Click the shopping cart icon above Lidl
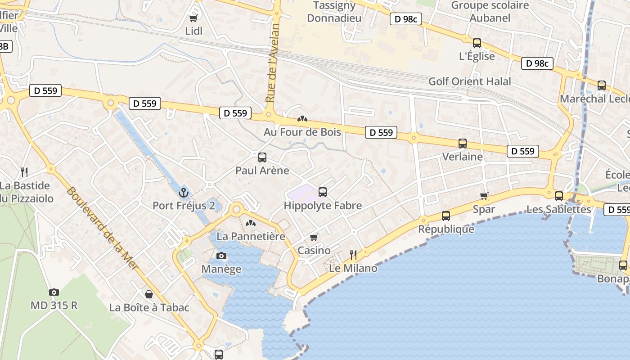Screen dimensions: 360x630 click(193, 18)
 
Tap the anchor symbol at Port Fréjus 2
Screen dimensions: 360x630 click(183, 193)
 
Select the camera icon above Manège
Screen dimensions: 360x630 click(221, 256)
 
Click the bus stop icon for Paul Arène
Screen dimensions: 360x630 click(262, 157)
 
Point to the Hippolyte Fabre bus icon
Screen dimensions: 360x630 click(323, 192)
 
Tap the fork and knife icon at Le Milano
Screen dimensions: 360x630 click(353, 255)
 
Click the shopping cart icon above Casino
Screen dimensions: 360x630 click(314, 237)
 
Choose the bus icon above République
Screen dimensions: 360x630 click(446, 216)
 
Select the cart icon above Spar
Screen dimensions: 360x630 click(484, 196)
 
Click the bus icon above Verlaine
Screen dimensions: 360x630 click(463, 144)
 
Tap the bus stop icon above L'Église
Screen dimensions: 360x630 click(477, 43)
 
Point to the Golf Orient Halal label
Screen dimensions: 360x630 click(469, 81)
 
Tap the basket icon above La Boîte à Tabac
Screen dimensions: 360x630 click(149, 294)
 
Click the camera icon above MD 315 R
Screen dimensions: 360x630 click(54, 292)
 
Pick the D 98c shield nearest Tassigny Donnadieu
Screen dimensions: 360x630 click(405, 19)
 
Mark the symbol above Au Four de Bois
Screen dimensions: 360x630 click(302, 119)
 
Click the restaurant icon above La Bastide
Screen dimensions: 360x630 click(24, 172)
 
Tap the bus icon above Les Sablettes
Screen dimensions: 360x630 click(559, 196)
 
